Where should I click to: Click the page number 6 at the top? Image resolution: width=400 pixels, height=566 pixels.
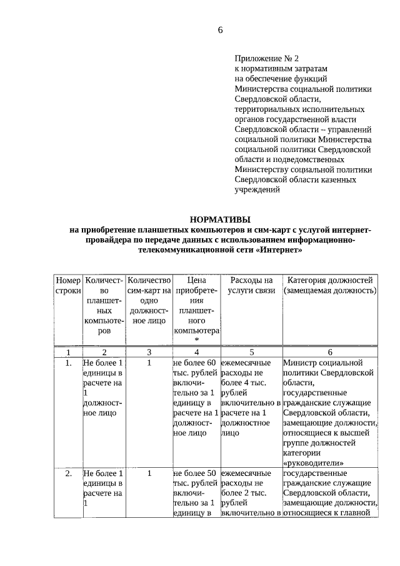pyautogui.click(x=220, y=30)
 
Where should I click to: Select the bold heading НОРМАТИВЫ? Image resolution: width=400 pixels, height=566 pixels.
pyautogui.click(x=220, y=219)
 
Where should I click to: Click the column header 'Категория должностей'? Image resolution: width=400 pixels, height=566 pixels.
pyautogui.click(x=329, y=280)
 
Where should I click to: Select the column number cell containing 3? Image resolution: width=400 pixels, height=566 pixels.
pyautogui.click(x=149, y=353)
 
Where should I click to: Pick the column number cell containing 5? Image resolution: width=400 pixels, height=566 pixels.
pyautogui.click(x=251, y=353)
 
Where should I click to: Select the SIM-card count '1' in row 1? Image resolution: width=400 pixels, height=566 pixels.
pyautogui.click(x=149, y=363)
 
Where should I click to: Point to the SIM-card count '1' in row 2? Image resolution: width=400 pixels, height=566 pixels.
pyautogui.click(x=149, y=473)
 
